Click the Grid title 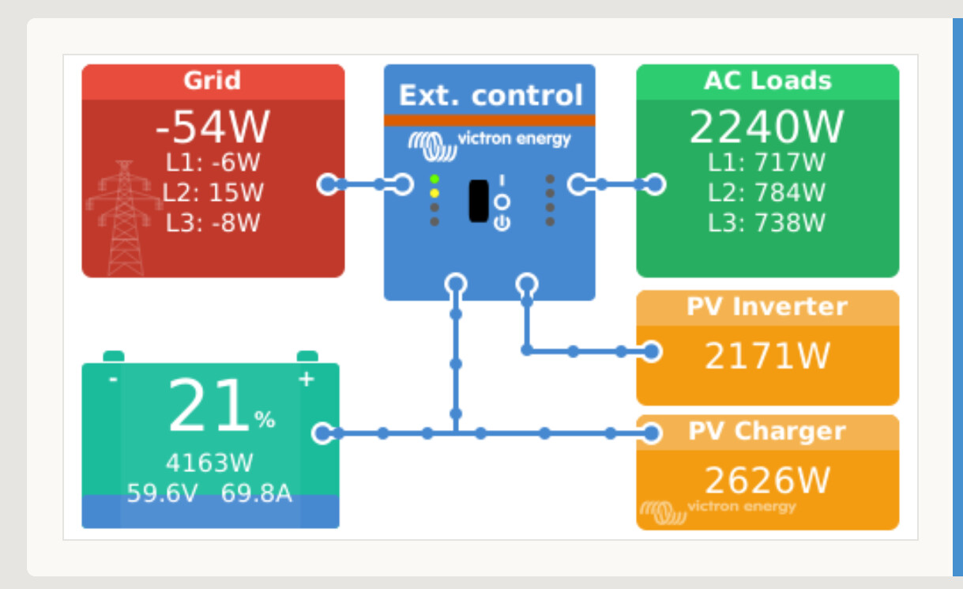tap(212, 81)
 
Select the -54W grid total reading tap(213, 127)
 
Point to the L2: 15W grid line tap(213, 192)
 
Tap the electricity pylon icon tap(124, 217)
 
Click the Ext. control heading tap(491, 95)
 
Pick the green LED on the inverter tap(434, 179)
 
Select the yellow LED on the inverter tap(434, 193)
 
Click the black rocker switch tap(479, 201)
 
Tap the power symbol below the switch tap(502, 224)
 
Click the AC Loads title tap(767, 81)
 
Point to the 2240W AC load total tap(766, 127)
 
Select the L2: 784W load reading tap(766, 192)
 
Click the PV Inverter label tap(767, 307)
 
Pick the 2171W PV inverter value tap(767, 356)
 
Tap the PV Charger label tap(767, 431)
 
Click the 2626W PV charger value tap(767, 480)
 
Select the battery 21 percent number tap(209, 405)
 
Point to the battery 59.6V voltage tap(163, 493)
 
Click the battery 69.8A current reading tap(257, 493)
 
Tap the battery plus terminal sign tap(306, 379)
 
